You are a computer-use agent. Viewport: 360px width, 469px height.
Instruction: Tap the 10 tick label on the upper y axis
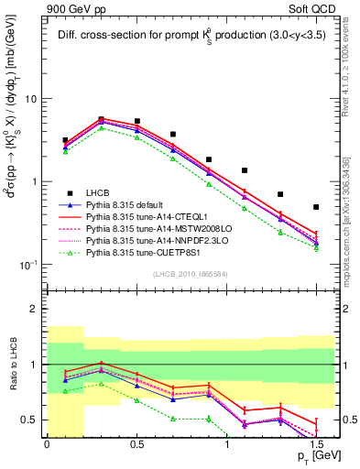click(x=30, y=99)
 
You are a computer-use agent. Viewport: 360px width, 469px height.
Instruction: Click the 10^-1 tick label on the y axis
click(x=27, y=265)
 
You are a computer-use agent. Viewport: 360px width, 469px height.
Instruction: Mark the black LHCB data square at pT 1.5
click(x=316, y=207)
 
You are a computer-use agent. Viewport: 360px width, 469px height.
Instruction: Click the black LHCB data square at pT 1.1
click(x=245, y=170)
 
